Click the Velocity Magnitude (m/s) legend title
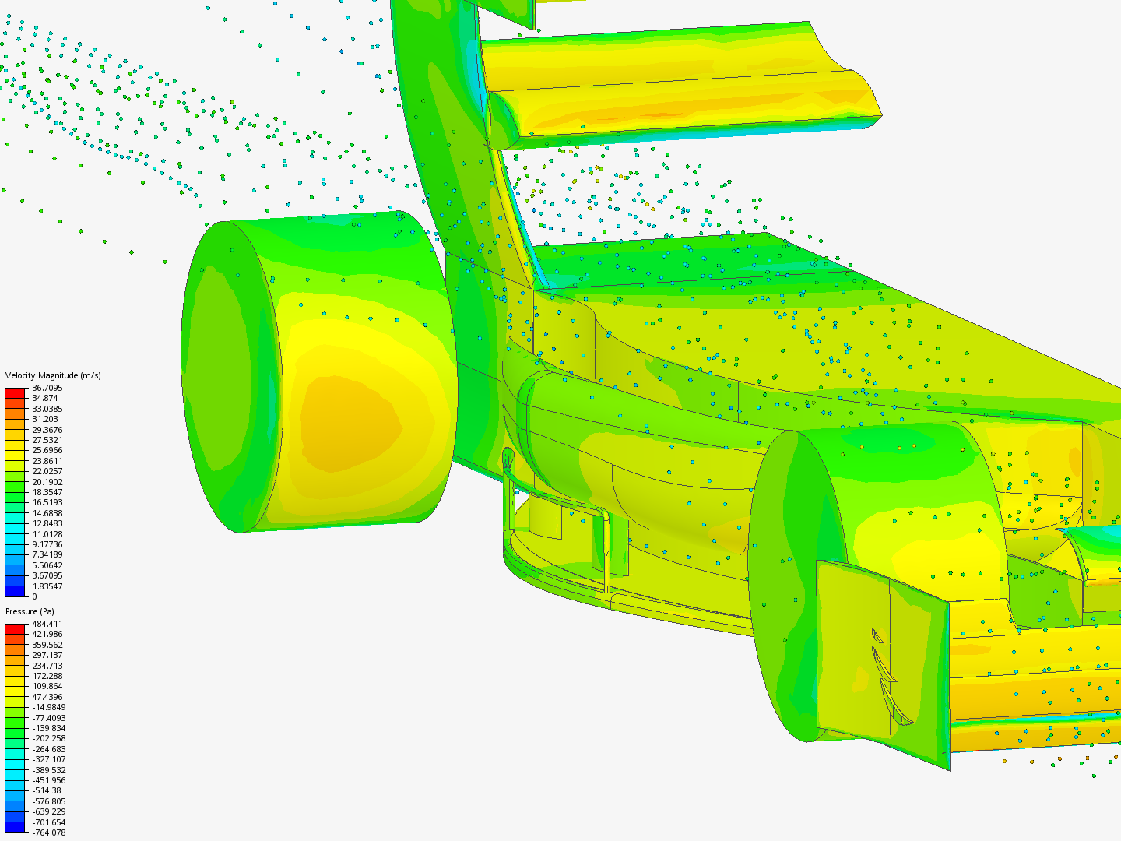[53, 375]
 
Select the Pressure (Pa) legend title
[30, 611]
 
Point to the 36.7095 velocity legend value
[47, 388]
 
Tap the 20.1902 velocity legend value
[47, 482]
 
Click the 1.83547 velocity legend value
[47, 586]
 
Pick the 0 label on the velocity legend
[34, 596]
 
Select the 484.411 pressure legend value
[47, 624]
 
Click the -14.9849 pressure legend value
[49, 707]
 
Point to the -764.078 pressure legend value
[49, 832]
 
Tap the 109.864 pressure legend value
[47, 686]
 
